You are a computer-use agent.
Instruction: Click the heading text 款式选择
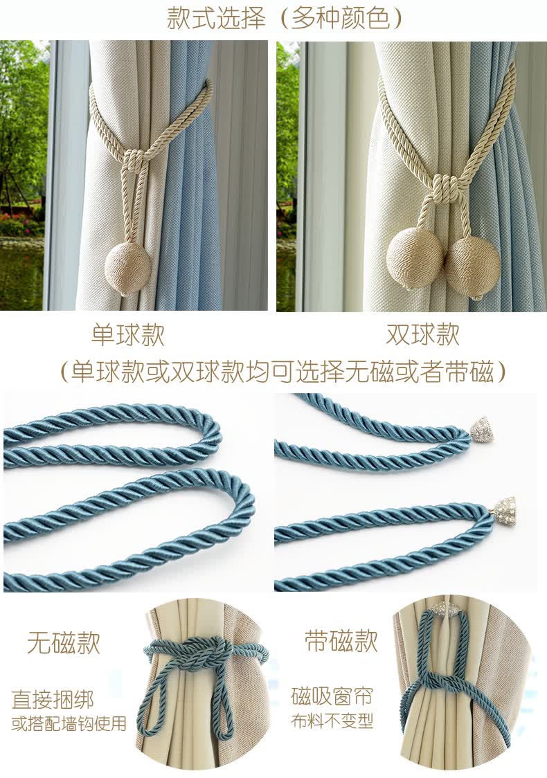(x=216, y=18)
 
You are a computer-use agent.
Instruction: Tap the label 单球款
(x=127, y=335)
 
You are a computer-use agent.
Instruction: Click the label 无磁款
(x=64, y=643)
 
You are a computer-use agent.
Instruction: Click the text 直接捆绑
(x=53, y=700)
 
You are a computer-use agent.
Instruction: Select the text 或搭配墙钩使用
(x=69, y=723)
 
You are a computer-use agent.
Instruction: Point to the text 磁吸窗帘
(x=332, y=696)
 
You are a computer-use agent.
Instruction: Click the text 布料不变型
(x=332, y=721)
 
